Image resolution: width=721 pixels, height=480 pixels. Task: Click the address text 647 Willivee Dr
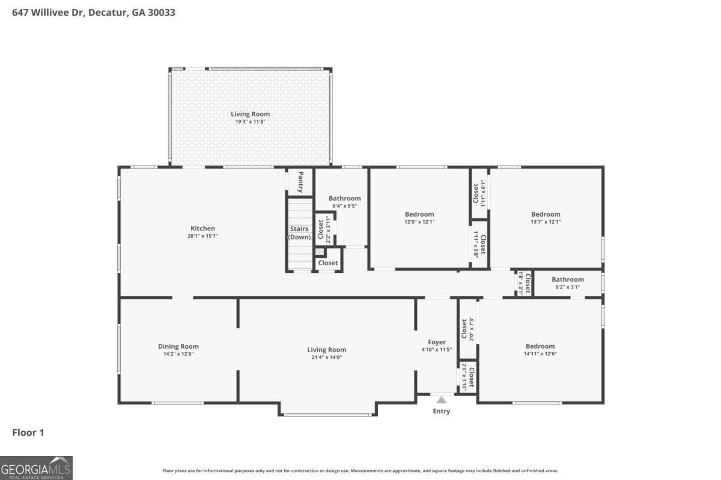49,12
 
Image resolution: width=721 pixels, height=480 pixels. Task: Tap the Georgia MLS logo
36,467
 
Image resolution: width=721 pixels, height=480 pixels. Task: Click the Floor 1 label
28,432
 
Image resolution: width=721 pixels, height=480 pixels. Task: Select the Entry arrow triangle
442,400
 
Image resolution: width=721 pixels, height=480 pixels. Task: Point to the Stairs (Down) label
299,233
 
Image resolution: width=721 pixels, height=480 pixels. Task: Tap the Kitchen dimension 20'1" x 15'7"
202,236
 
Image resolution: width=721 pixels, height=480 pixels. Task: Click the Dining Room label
178,346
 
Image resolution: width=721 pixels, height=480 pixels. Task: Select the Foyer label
437,342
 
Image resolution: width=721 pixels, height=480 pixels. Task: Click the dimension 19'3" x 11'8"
250,122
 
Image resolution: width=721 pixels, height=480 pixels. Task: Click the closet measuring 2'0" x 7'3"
467,329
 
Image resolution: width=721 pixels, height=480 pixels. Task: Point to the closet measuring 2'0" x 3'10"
467,376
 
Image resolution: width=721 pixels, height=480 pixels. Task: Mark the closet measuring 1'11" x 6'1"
479,193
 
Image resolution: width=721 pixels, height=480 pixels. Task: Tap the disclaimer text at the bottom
360,471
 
